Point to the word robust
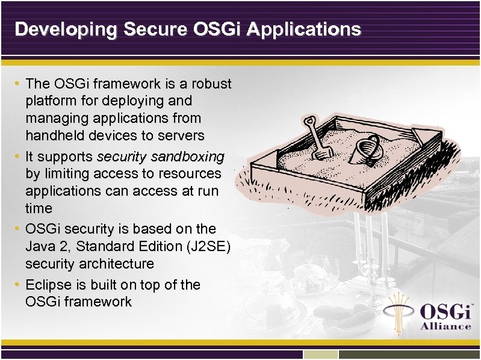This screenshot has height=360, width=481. pos(211,82)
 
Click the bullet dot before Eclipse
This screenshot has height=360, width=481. pos(19,284)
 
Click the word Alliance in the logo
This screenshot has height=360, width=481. pos(445,326)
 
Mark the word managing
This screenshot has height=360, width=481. pos(54,117)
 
